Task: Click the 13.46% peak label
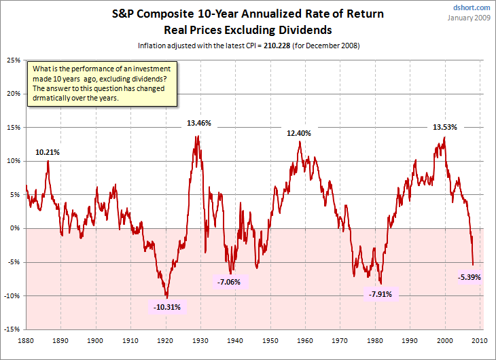point(199,123)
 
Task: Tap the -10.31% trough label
point(167,307)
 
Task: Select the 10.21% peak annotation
point(48,152)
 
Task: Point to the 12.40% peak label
point(298,133)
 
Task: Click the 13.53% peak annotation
point(445,126)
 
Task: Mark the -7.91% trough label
point(380,294)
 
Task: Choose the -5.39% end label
point(469,276)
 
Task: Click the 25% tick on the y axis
point(12,60)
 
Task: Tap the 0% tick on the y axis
point(14,228)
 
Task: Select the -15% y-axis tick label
point(12,329)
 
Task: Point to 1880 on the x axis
point(26,340)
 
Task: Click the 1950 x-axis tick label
point(271,340)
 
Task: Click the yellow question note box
point(103,84)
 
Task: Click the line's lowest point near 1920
point(166,298)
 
